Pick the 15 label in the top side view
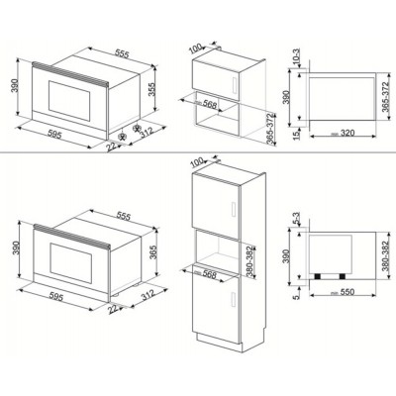pos(298,130)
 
